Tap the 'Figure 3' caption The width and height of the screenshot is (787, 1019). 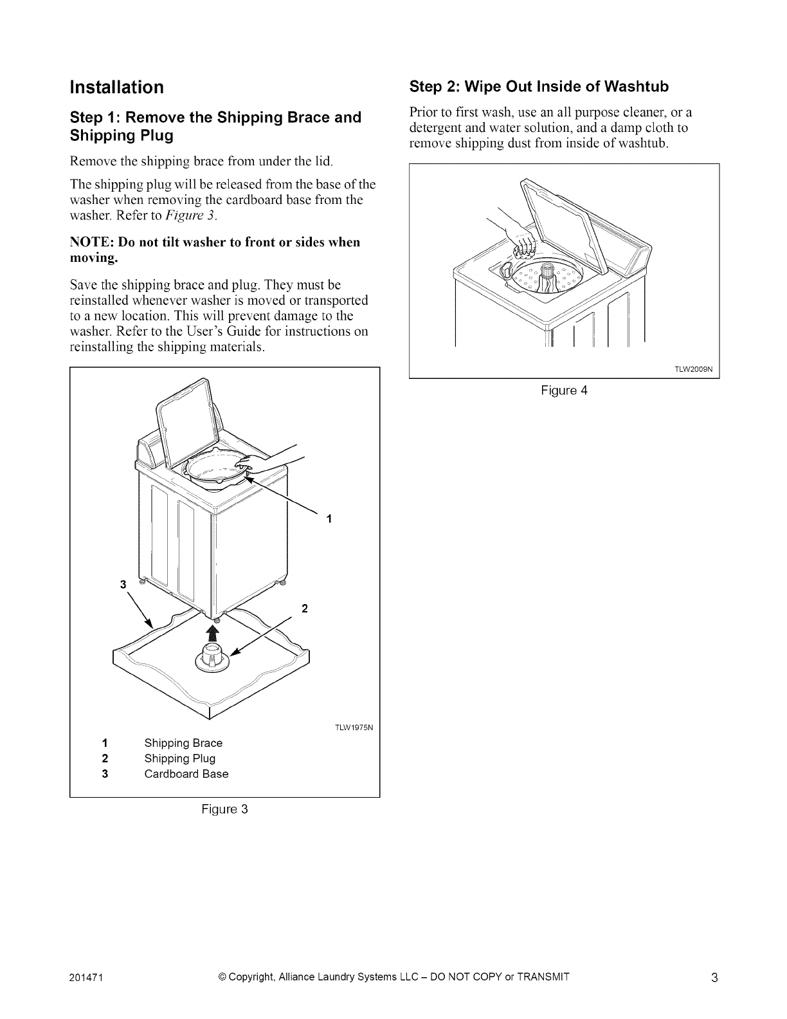pyautogui.click(x=224, y=809)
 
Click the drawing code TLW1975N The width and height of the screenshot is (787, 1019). pyautogui.click(x=355, y=728)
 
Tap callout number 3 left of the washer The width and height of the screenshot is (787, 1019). pyautogui.click(x=122, y=584)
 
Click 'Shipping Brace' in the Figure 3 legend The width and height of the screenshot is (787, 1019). pyautogui.click(x=183, y=743)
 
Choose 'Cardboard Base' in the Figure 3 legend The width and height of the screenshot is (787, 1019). pyautogui.click(x=186, y=774)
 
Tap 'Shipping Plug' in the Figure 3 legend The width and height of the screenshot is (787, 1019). pyautogui.click(x=179, y=758)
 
